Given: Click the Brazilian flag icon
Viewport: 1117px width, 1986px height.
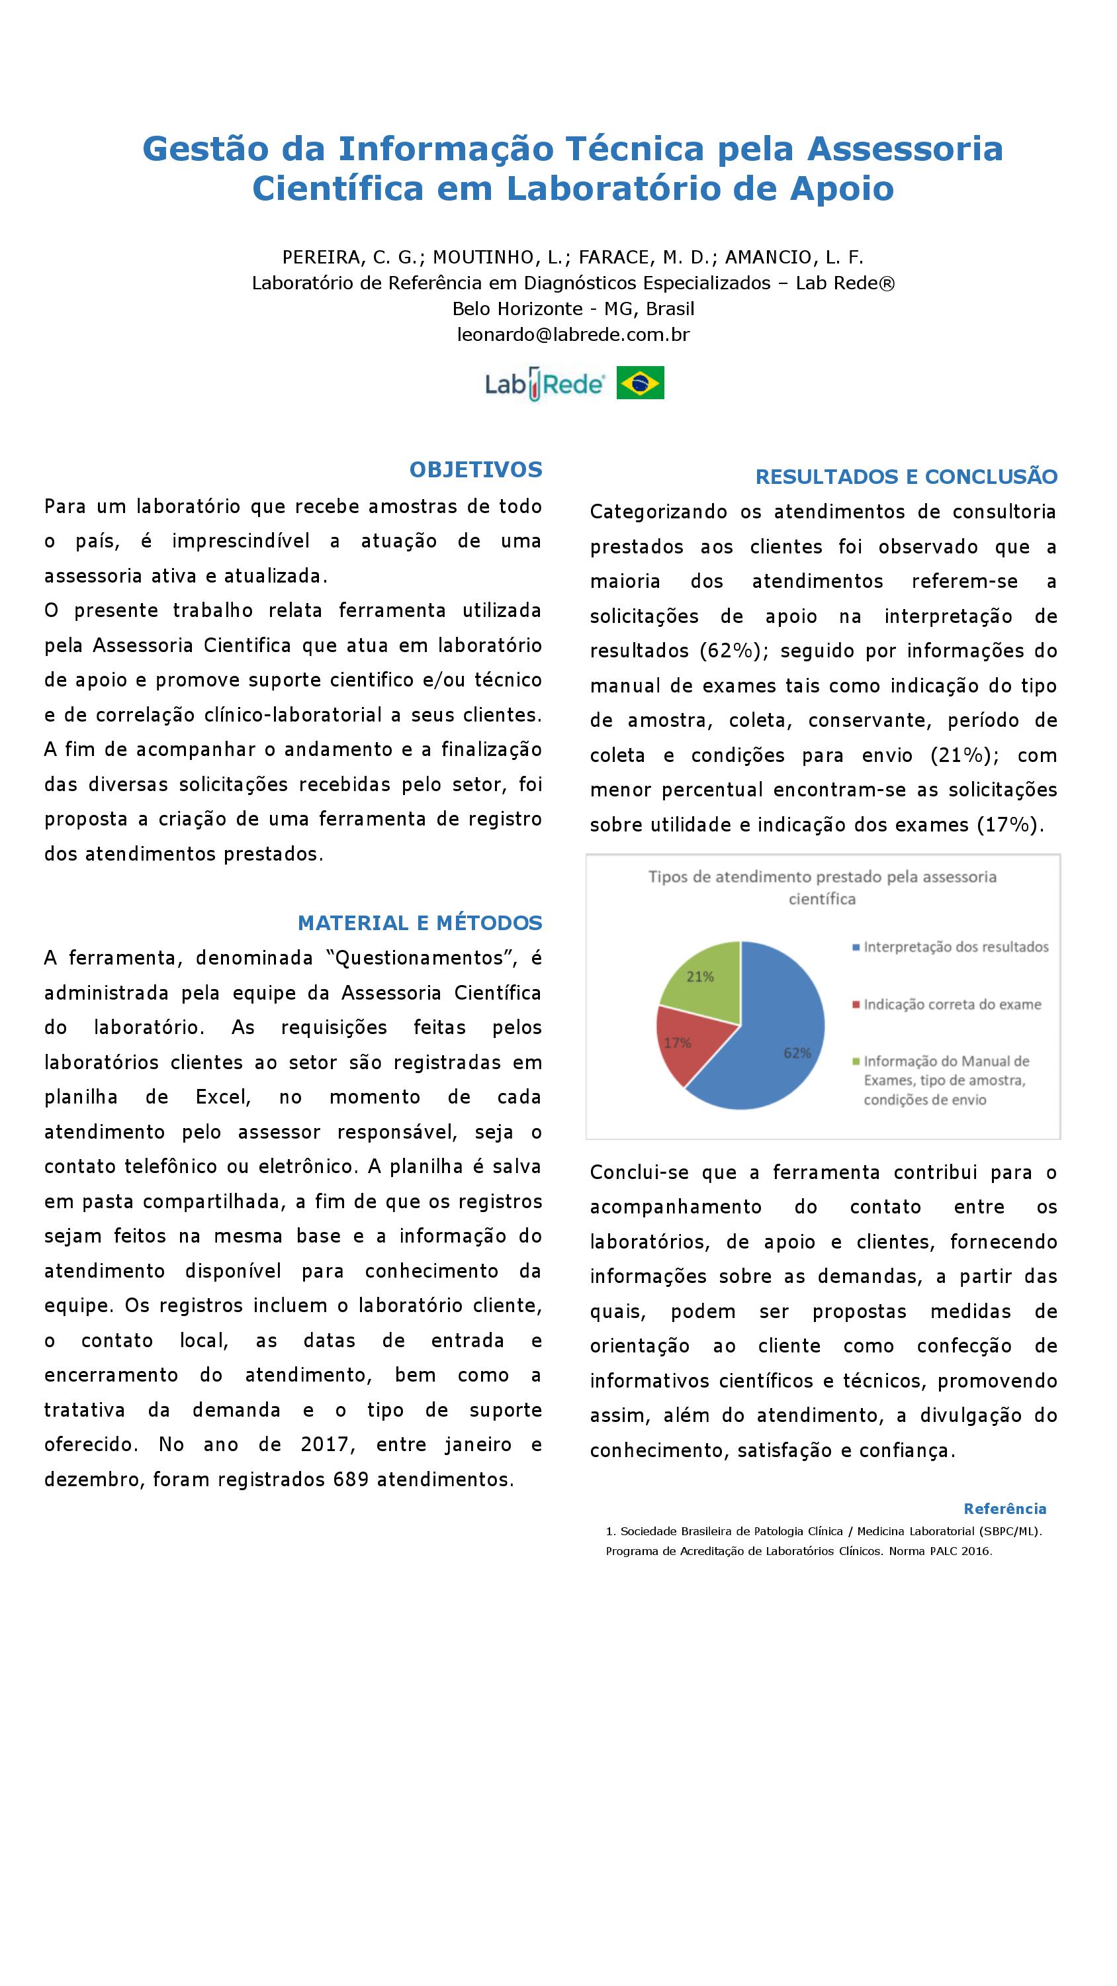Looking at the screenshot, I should point(640,383).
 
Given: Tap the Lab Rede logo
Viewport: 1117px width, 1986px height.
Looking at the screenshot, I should point(544,383).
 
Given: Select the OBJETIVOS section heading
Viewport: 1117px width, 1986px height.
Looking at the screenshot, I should point(476,469).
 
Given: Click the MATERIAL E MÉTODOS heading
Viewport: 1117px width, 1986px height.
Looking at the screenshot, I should point(420,923).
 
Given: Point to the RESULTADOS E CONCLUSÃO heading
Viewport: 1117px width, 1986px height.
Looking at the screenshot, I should point(906,477).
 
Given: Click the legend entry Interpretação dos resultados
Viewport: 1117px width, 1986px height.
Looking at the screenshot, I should point(955,947).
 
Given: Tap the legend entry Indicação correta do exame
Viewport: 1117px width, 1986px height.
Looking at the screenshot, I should point(952,1004).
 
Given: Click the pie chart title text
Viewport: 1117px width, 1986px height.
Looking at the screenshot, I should point(822,887).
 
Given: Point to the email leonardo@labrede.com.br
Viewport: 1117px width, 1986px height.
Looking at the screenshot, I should point(573,334).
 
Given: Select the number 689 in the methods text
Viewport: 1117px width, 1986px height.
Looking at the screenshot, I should point(351,1480).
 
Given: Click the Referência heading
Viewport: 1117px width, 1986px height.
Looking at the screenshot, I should point(1005,1509).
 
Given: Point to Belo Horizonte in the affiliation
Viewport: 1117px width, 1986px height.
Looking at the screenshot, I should point(517,308).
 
